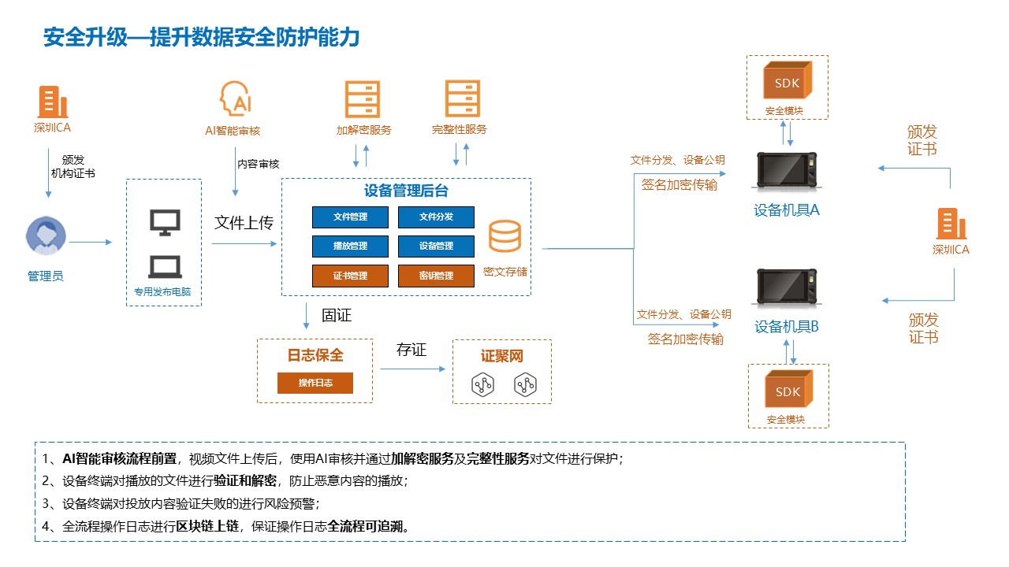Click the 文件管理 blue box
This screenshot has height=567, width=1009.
[x=350, y=217]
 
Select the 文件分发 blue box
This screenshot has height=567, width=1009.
[x=436, y=217]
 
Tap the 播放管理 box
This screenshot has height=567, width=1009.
[x=350, y=246]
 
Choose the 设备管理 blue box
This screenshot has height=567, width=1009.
[x=436, y=246]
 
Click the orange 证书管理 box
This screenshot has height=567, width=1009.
[x=350, y=276]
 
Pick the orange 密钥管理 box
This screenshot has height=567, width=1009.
[x=436, y=276]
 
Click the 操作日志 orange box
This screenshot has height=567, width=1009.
[x=315, y=383]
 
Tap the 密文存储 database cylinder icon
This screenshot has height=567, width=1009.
[x=504, y=236]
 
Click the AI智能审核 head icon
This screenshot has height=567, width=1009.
[x=235, y=99]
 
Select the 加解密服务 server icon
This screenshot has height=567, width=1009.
[x=363, y=99]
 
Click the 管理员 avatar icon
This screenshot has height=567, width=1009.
[x=46, y=235]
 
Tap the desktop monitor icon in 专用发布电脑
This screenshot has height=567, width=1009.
[x=165, y=223]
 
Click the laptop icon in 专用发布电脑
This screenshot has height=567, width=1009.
[x=165, y=267]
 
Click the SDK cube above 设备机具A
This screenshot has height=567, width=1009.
[x=787, y=82]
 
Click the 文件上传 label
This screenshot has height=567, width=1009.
[x=244, y=223]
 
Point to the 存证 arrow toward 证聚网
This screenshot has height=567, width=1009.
[x=412, y=368]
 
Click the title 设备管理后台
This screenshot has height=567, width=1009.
[x=406, y=191]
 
